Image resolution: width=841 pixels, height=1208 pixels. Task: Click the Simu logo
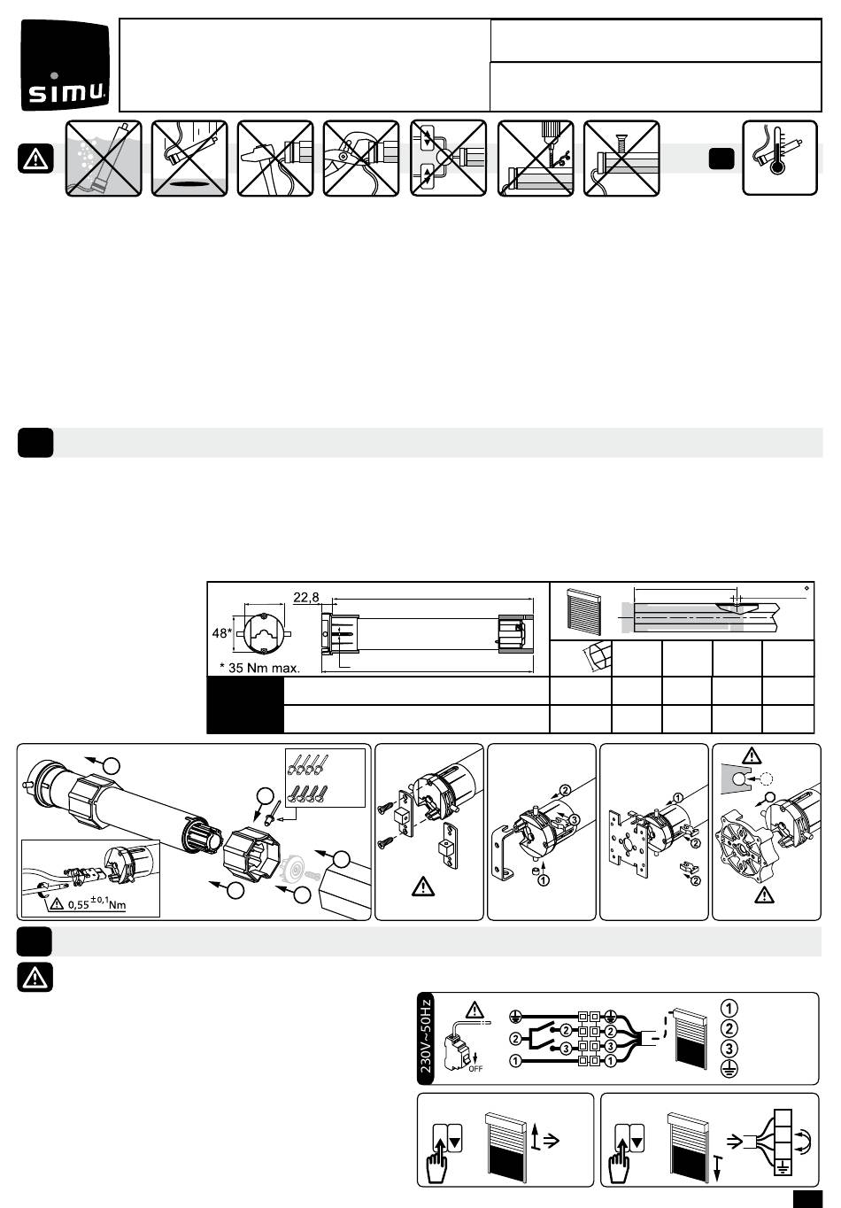66,66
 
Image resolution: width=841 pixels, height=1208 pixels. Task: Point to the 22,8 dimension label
305,597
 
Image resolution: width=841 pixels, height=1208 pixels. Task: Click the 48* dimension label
221,633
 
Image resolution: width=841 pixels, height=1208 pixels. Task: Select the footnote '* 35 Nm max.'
259,668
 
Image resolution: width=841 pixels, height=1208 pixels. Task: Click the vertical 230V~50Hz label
425,1038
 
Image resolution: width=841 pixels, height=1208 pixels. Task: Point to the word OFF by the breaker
475,1068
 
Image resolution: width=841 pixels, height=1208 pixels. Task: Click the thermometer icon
780,158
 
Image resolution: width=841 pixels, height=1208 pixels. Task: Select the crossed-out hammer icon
275,158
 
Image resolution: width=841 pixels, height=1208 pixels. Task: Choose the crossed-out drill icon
536,158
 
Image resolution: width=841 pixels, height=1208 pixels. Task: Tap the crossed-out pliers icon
361,158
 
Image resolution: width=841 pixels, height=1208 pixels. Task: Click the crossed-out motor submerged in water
104,158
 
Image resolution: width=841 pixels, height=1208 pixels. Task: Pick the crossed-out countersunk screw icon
621,158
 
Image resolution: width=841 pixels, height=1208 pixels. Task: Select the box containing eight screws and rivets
325,778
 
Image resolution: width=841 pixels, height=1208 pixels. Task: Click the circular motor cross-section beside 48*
264,633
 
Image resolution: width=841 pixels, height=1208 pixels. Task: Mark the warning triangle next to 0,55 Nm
56,902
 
